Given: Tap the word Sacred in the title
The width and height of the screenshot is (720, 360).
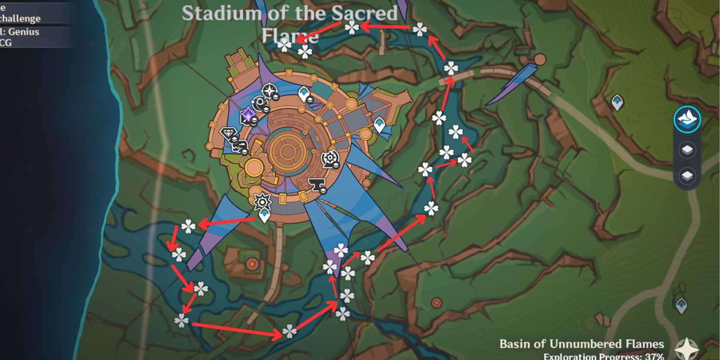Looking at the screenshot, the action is click(x=364, y=14).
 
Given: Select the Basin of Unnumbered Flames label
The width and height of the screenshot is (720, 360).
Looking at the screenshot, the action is click(x=581, y=344).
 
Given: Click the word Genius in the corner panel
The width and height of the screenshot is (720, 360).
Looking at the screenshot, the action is click(x=24, y=32).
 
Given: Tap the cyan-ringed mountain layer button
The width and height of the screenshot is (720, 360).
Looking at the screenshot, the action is click(x=687, y=119).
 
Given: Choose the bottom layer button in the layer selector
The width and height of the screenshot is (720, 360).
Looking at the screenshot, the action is click(x=687, y=176).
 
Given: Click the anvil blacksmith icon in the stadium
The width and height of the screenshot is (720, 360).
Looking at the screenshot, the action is click(x=316, y=185).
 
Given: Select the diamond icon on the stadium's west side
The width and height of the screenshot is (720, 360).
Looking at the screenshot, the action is click(x=228, y=134).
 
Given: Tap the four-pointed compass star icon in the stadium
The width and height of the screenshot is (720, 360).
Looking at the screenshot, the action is click(x=269, y=92).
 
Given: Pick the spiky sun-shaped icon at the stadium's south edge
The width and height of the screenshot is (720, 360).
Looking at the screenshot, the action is click(x=262, y=202).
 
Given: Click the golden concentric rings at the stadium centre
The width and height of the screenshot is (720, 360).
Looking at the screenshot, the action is click(x=287, y=151).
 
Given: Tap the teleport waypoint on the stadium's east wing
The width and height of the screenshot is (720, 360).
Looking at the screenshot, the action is click(x=380, y=125).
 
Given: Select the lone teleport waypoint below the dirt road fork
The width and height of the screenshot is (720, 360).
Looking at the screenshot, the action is click(x=681, y=305).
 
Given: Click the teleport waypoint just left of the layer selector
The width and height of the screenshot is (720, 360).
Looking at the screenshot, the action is click(x=617, y=103).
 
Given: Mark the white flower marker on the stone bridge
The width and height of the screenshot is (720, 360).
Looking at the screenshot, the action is click(x=451, y=69).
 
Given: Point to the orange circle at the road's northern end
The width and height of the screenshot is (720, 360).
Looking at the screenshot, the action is click(x=540, y=59).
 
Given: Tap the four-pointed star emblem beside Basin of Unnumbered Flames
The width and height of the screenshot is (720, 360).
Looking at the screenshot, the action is click(x=686, y=348).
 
